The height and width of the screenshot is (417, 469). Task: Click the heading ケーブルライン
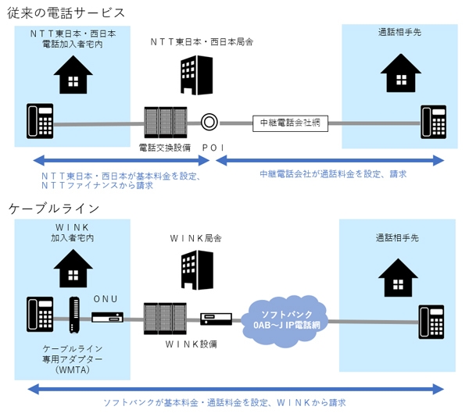(54, 208)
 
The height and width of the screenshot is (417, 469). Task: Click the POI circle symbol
(209, 122)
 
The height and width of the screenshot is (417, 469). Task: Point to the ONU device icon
(107, 318)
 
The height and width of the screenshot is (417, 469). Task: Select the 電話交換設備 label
(163, 147)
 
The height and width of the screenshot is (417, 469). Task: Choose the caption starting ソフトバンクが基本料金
(224, 403)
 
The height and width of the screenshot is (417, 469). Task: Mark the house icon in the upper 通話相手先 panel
(399, 73)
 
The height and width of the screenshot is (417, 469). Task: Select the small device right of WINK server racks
(216, 319)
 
